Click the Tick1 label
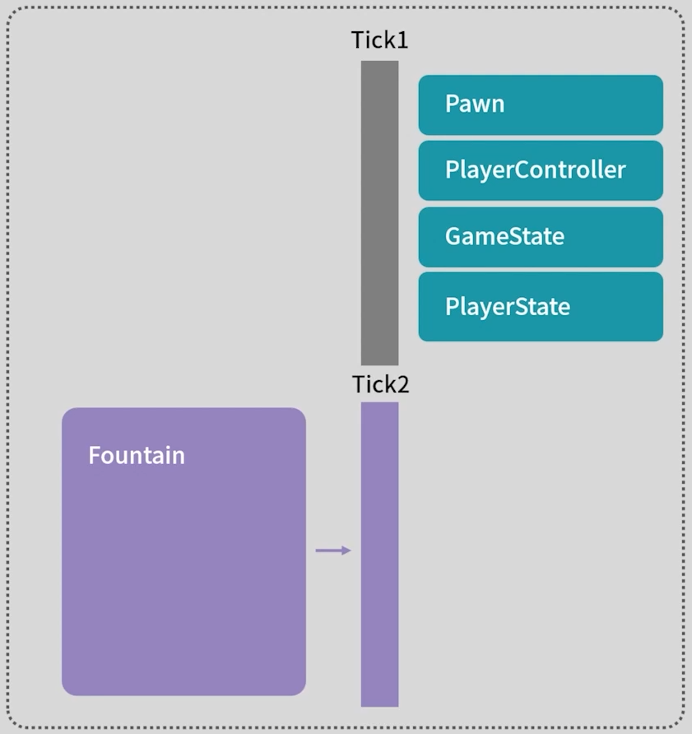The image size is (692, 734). (x=379, y=40)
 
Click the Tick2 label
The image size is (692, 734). (x=380, y=384)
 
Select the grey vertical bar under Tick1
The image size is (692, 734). (x=379, y=212)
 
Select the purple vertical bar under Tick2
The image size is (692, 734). (x=379, y=554)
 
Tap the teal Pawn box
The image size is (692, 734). (x=541, y=105)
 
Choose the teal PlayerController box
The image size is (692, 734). (x=541, y=170)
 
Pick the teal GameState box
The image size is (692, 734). (x=541, y=237)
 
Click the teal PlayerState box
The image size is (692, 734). (x=541, y=307)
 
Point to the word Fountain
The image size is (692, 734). (x=137, y=456)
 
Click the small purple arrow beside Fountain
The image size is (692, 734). (x=333, y=550)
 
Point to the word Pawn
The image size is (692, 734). (x=475, y=105)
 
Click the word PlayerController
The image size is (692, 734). (x=535, y=170)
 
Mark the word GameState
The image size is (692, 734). (x=504, y=237)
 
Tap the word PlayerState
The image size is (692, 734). (x=507, y=307)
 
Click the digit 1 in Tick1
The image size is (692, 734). (x=402, y=40)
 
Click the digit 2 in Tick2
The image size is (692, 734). (x=402, y=384)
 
